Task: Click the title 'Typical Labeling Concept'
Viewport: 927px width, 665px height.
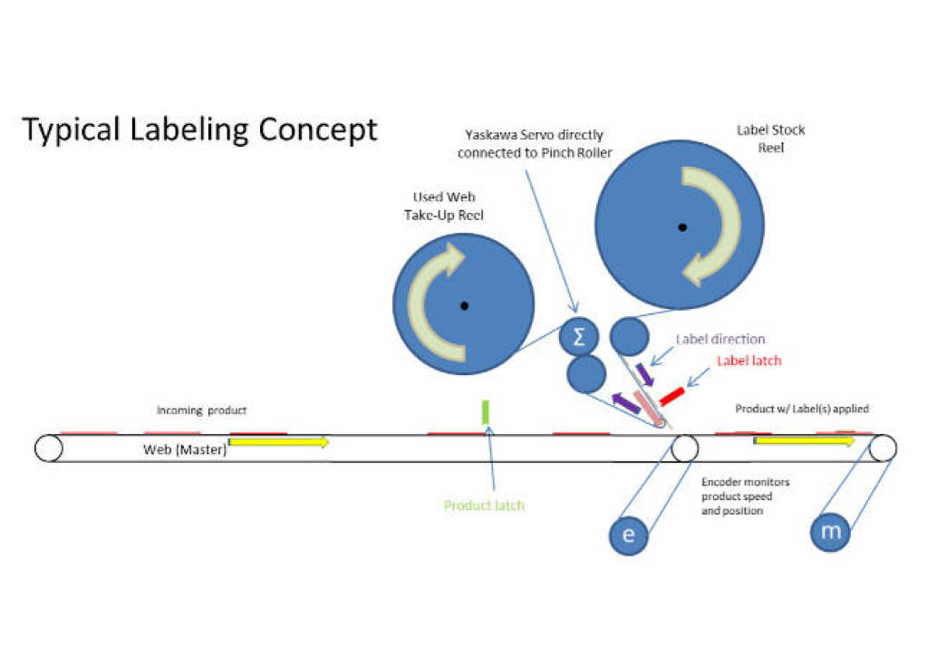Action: (199, 130)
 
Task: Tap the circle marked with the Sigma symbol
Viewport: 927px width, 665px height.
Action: (579, 337)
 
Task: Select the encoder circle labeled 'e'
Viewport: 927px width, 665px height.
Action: (629, 535)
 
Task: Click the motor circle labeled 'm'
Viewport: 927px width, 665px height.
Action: (831, 532)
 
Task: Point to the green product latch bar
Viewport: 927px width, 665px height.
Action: (485, 412)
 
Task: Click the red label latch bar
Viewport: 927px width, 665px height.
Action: (671, 396)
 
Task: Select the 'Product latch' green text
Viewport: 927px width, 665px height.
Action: (484, 505)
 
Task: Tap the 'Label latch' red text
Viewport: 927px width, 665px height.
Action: (749, 361)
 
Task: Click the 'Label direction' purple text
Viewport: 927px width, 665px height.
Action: (720, 340)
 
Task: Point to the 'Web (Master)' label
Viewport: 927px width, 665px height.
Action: (185, 449)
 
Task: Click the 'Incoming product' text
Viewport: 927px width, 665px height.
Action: (201, 410)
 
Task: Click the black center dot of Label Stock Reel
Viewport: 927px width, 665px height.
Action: (680, 226)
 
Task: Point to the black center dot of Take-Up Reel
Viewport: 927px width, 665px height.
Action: (463, 304)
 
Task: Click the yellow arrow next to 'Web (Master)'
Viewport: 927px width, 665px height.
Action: (277, 442)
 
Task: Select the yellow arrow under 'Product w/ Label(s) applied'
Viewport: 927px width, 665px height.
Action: (803, 441)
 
